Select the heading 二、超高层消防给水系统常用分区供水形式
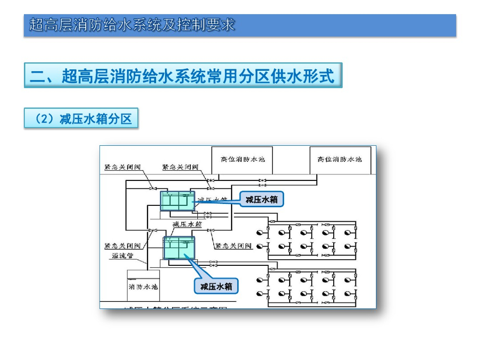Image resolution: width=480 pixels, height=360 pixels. coord(183,75)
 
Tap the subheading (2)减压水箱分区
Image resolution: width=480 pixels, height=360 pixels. coord(81,119)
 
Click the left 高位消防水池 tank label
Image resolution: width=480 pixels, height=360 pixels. coord(243,159)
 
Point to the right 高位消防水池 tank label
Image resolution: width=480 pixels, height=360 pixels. coord(340,159)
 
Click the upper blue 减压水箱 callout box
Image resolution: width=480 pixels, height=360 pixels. coord(262,200)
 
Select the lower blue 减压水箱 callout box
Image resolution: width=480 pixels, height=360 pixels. coord(217,286)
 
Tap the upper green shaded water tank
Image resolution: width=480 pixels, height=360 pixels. coord(177,200)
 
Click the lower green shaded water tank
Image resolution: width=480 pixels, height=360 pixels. coord(179,247)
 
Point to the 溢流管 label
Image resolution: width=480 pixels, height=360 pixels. coord(123,255)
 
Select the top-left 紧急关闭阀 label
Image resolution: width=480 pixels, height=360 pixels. coord(122,167)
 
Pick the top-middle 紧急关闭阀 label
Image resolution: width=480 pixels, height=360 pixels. coord(180,167)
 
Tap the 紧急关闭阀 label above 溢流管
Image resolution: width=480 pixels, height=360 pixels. coord(122,246)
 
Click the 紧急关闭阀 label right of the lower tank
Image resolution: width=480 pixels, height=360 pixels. coord(233,246)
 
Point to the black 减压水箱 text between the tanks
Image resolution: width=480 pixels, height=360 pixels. coord(187,224)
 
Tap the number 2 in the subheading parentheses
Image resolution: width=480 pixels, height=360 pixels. coord(46,119)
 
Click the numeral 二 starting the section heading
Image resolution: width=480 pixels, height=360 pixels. coord(37,75)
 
